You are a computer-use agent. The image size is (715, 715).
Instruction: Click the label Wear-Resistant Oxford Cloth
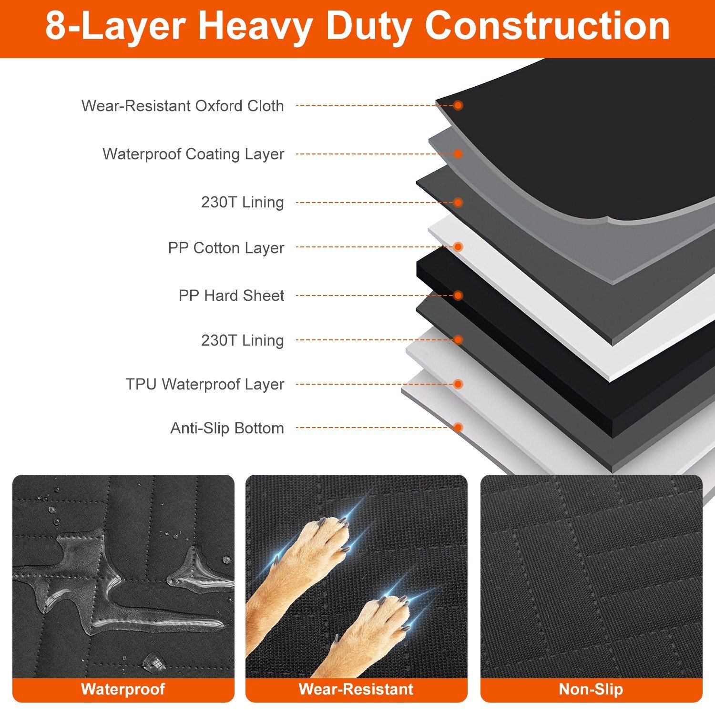tap(183, 106)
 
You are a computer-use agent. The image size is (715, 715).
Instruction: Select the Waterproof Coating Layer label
tap(193, 154)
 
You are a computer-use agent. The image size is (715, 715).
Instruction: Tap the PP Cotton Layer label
tap(226, 248)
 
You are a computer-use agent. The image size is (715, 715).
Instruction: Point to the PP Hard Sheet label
tap(231, 296)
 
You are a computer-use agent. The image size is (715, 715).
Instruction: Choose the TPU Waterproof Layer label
tap(205, 384)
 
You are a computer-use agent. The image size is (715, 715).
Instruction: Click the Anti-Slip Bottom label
tap(227, 428)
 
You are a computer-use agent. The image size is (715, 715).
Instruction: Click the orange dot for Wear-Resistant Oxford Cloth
tap(458, 105)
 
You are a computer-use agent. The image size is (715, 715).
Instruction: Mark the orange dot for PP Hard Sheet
tap(458, 296)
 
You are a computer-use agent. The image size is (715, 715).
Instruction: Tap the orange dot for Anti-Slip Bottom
tap(458, 428)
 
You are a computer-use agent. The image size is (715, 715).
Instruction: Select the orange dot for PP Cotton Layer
tap(458, 247)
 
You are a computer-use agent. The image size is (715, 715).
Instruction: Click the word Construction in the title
tap(547, 26)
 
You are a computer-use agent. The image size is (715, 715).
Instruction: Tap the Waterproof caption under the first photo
tap(123, 689)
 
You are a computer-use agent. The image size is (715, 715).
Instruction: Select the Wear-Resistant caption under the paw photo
tap(356, 689)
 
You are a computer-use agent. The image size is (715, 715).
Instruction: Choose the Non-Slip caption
tap(591, 689)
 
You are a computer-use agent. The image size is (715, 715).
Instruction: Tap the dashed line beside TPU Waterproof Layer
tap(372, 384)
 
